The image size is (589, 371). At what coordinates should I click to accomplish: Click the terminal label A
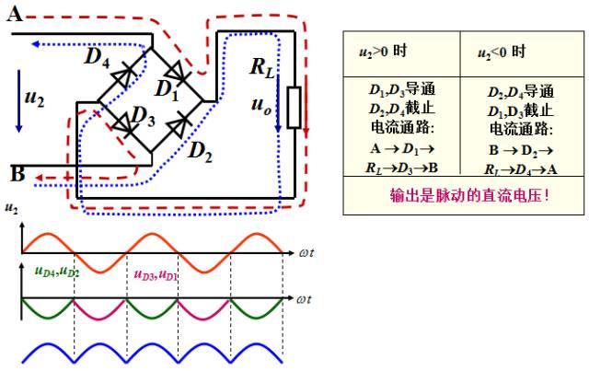tap(15, 12)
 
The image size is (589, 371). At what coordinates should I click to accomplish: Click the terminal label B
tap(17, 172)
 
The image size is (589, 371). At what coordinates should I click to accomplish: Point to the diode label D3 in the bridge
tap(141, 117)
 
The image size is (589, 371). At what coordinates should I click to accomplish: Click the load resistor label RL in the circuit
tap(264, 66)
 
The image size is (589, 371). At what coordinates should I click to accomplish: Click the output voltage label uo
tap(260, 104)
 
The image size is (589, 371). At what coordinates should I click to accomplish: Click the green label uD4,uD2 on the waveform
tap(56, 272)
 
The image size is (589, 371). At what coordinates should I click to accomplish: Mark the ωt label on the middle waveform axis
tap(309, 299)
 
